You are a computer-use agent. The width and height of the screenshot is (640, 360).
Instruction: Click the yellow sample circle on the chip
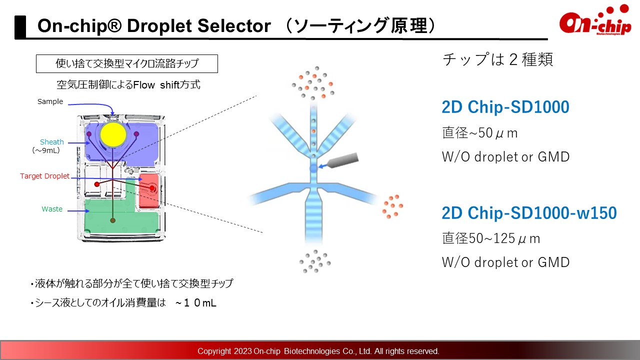click(x=113, y=135)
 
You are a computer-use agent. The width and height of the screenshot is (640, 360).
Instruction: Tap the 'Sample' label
click(x=50, y=101)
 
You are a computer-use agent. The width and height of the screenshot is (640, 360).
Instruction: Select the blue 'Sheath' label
click(x=51, y=142)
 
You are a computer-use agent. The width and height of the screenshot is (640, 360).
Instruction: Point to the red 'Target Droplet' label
click(x=44, y=176)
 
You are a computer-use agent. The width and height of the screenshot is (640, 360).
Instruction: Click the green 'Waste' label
click(x=52, y=209)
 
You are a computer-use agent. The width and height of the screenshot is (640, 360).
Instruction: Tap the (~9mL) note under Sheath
click(x=46, y=150)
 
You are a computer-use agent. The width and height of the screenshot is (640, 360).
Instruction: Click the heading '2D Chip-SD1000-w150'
click(x=529, y=213)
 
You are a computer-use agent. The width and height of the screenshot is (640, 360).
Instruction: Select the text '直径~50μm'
click(x=480, y=133)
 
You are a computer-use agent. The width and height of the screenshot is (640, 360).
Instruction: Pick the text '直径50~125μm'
click(x=491, y=238)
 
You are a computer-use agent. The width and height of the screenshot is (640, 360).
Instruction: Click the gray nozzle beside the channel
click(x=343, y=160)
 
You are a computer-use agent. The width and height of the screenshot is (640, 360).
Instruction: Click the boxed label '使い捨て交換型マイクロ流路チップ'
click(x=127, y=63)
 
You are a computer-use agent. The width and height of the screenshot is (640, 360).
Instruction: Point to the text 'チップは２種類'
click(x=497, y=59)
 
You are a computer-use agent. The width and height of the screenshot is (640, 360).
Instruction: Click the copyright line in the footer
click(x=318, y=351)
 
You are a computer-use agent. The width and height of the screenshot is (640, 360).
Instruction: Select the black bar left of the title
click(x=20, y=26)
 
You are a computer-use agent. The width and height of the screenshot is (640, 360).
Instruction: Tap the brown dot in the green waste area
click(x=113, y=220)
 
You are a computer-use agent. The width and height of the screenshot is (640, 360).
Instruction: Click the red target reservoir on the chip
click(x=148, y=190)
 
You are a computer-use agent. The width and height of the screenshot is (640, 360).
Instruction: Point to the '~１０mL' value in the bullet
click(x=196, y=303)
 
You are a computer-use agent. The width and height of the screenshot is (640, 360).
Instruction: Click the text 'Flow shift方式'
click(x=166, y=85)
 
